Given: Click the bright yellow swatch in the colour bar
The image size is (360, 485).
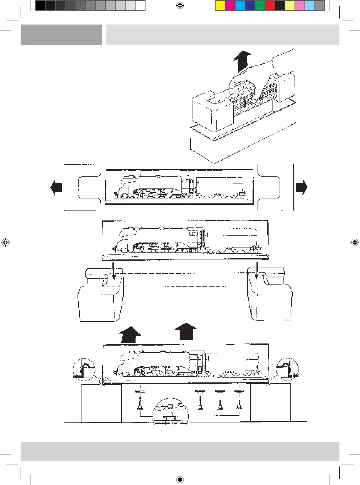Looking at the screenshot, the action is [220, 5].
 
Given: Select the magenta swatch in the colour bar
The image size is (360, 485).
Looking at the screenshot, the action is [230, 5].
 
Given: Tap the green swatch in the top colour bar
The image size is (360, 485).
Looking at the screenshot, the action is [260, 5].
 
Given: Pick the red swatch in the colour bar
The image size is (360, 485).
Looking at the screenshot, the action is [270, 5].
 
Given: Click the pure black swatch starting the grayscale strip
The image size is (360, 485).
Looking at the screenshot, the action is [41, 5].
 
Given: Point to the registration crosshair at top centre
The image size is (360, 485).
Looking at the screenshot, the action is [180, 5].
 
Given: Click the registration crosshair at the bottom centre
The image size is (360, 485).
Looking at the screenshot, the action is [180, 480].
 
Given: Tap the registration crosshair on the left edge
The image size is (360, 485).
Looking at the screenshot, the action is [5, 243].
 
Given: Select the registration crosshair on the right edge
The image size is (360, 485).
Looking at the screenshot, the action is [355, 243].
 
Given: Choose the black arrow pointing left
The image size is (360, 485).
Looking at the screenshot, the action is [57, 187].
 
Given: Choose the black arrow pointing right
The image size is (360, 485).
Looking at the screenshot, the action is [301, 187].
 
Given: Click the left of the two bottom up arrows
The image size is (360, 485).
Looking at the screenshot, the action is [129, 335].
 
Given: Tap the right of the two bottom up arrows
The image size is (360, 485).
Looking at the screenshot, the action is [186, 331].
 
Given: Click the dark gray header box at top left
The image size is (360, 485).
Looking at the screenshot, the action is [61, 34].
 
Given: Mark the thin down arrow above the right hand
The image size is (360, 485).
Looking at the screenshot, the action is [256, 271].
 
